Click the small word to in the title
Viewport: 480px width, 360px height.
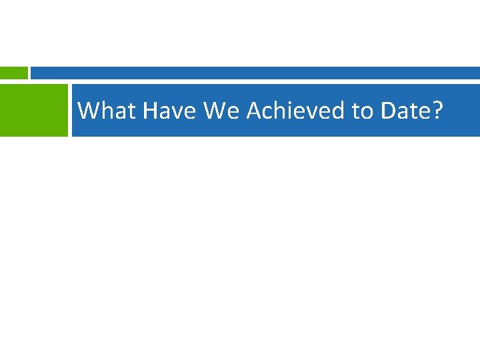point(361,111)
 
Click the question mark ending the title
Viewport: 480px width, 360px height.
point(436,111)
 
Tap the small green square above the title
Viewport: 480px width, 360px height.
point(13,73)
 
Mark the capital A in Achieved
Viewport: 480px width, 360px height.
point(254,111)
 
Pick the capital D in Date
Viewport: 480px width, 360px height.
point(389,111)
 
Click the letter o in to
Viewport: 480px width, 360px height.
point(366,113)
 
